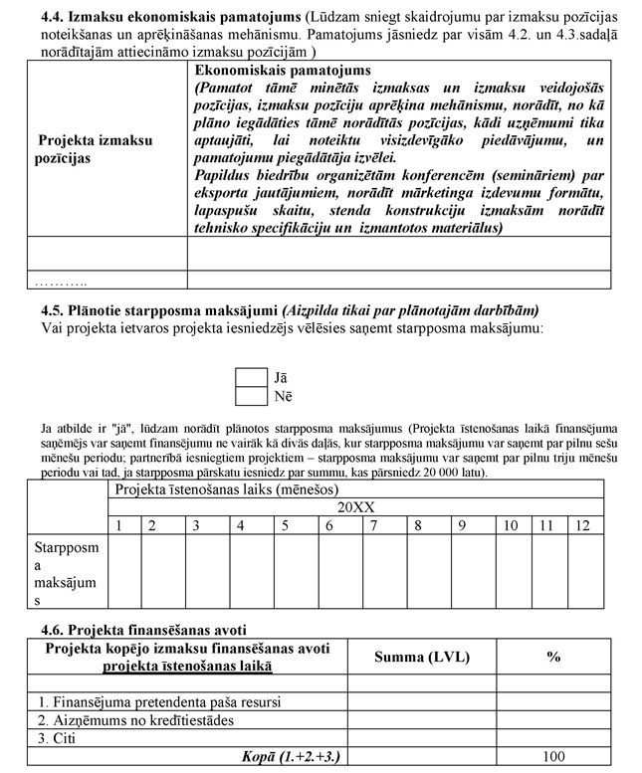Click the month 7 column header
(x=373, y=524)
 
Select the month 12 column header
(x=583, y=524)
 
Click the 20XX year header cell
(x=355, y=507)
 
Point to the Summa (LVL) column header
(x=421, y=657)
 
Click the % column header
(x=553, y=657)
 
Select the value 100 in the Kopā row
(x=553, y=757)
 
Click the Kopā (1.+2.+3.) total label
(x=291, y=757)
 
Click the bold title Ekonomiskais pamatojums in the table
(x=283, y=72)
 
